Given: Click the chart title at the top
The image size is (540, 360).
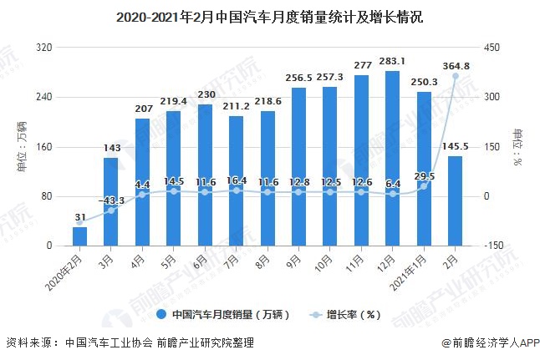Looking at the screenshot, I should point(269,16).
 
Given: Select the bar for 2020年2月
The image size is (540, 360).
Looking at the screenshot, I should point(79,236).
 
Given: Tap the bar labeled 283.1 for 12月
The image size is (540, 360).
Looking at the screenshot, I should point(392,159).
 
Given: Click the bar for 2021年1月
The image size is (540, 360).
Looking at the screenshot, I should point(424,169).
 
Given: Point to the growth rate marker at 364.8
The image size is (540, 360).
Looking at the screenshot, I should point(456,76).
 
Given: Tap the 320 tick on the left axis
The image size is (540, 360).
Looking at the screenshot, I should point(44,48).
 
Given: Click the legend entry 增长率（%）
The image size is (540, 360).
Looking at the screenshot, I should point(349,315).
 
